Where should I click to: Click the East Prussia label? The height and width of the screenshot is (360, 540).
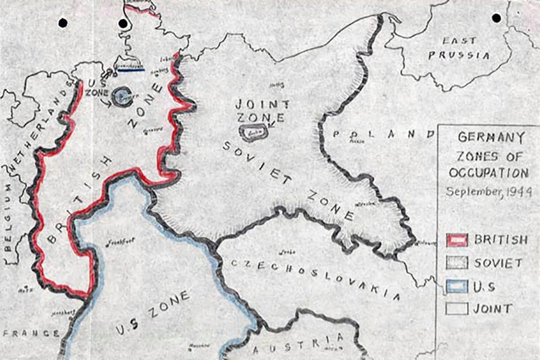click(466, 48)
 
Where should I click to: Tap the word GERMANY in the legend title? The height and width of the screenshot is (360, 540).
click(487, 137)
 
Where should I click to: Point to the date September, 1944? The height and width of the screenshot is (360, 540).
click(487, 193)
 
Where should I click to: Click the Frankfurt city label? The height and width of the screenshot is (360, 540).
click(120, 242)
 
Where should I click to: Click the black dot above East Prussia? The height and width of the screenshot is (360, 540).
click(497, 18)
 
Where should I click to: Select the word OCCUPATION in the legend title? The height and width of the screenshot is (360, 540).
click(487, 173)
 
